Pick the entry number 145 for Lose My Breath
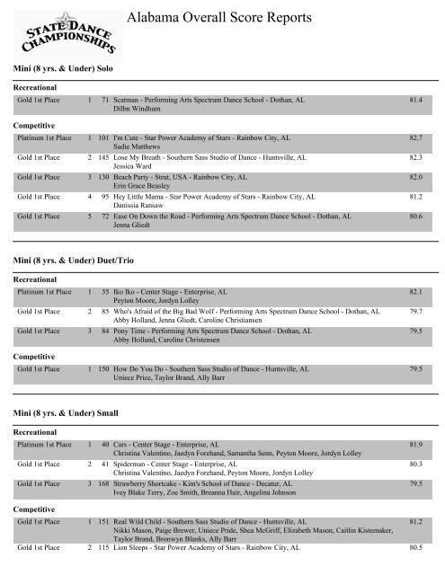(x=104, y=157)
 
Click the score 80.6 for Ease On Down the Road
(x=415, y=217)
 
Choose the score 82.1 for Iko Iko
(x=415, y=292)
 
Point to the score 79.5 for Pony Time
(x=415, y=331)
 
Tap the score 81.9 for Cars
(x=415, y=444)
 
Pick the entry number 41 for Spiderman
(x=106, y=464)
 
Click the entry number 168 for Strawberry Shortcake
(x=104, y=483)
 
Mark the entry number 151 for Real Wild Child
(x=104, y=520)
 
